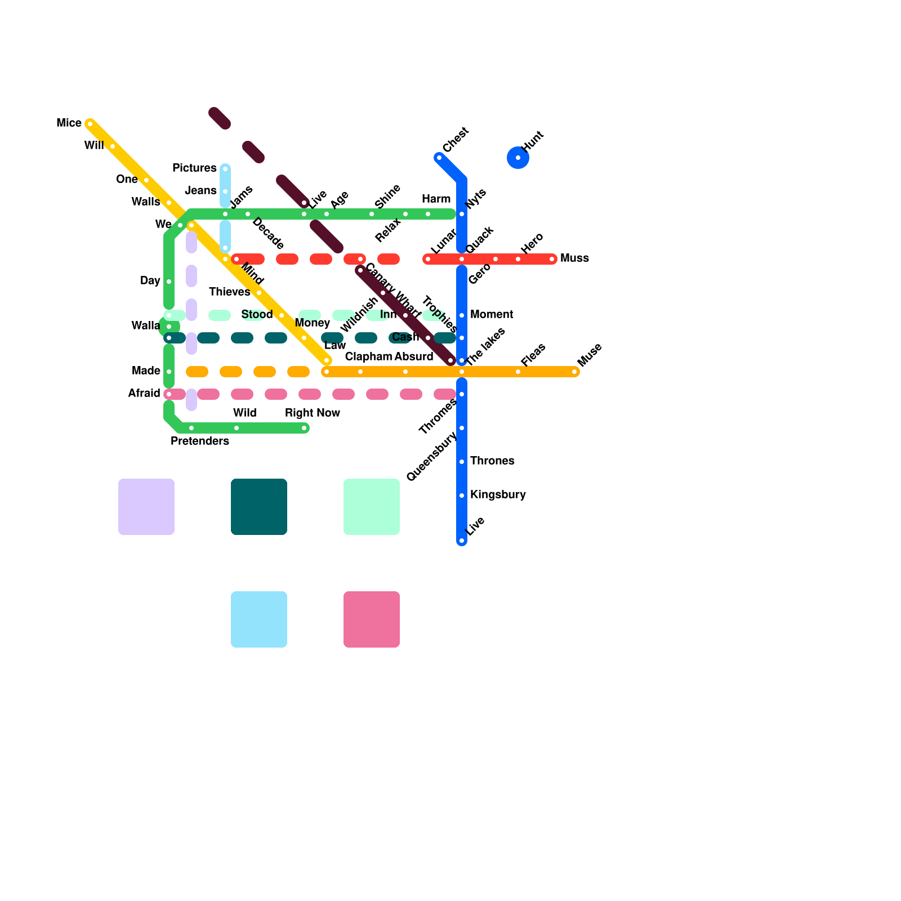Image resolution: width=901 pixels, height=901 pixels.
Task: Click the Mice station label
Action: (x=69, y=123)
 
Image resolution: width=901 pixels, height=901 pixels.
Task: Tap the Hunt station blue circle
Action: (x=518, y=158)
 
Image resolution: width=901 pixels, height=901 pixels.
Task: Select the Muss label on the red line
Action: (x=574, y=258)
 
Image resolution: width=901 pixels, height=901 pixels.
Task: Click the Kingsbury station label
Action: (x=498, y=495)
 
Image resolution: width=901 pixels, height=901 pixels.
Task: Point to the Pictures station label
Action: (x=194, y=168)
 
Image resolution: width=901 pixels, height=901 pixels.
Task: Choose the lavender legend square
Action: (x=146, y=507)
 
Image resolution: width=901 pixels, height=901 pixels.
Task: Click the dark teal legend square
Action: (x=259, y=507)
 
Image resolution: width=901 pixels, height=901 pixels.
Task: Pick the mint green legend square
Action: (x=372, y=507)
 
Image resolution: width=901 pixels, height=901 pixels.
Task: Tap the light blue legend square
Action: (x=259, y=619)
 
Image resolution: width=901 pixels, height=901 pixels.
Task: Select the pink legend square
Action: (x=372, y=619)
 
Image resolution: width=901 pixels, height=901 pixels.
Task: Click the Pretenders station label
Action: (x=200, y=441)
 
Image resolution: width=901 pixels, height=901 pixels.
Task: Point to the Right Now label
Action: (x=313, y=413)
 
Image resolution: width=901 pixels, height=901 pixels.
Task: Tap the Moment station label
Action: (x=492, y=315)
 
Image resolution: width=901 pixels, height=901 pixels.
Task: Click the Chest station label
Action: (x=456, y=140)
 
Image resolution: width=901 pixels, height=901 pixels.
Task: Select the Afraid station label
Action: (x=144, y=394)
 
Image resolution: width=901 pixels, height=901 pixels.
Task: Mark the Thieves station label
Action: (x=229, y=292)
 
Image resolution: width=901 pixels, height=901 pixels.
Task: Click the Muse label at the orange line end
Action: (x=590, y=355)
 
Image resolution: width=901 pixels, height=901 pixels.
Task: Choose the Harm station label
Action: (x=436, y=199)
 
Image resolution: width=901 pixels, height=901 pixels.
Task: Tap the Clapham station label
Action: (x=368, y=357)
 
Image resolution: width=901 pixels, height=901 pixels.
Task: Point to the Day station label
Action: (x=150, y=281)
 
